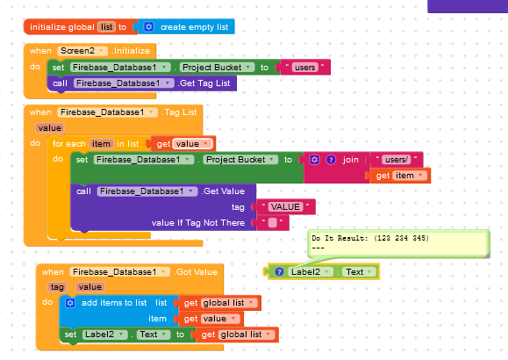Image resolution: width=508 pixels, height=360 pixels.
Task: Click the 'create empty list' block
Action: [186, 27]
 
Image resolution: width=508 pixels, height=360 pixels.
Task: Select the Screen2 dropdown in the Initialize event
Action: [82, 51]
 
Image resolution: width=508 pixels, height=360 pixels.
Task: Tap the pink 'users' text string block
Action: [304, 68]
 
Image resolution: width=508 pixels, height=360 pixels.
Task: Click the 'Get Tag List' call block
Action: [142, 83]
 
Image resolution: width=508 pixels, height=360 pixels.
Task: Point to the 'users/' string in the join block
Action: [397, 160]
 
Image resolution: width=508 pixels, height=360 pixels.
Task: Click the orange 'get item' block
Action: [400, 176]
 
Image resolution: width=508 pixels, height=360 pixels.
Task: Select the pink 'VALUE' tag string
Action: [285, 206]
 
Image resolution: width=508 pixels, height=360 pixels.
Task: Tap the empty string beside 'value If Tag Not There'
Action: [273, 223]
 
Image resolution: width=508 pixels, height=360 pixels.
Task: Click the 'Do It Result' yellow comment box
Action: [398, 243]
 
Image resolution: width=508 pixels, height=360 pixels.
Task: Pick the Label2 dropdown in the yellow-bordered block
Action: [311, 272]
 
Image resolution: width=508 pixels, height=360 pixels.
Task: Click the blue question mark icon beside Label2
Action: [279, 272]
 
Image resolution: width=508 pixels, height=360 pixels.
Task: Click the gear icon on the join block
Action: [314, 160]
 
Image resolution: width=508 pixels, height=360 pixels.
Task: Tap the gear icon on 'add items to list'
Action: [70, 303]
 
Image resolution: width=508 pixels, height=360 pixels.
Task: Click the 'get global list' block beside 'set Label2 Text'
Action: [237, 335]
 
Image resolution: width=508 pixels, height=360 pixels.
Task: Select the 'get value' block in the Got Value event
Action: [211, 319]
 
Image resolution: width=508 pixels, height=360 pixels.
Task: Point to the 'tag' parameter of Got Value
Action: [57, 287]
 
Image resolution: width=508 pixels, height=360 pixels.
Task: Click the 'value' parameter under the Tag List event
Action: [49, 128]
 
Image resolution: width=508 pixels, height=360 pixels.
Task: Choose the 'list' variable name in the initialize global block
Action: [106, 27]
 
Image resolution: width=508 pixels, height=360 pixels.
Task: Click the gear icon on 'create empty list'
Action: [148, 26]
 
